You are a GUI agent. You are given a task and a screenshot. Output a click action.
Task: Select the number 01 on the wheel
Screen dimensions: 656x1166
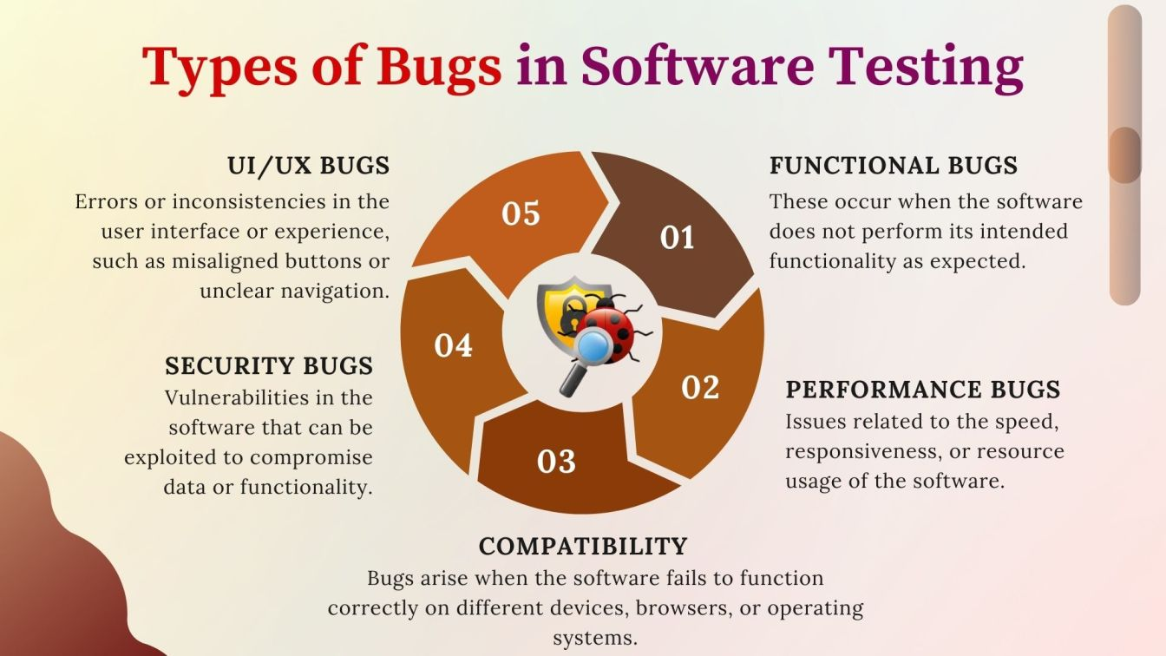(678, 237)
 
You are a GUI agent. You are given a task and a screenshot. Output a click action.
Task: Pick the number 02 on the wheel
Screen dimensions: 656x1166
(700, 387)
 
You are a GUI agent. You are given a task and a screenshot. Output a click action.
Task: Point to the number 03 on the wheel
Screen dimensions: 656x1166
(556, 462)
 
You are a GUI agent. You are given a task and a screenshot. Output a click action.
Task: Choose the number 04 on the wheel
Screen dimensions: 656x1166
(454, 346)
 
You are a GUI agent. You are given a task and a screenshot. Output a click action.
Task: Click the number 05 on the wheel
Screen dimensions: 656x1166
(521, 213)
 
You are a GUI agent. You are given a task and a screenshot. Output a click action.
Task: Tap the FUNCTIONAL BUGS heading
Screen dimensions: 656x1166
(894, 166)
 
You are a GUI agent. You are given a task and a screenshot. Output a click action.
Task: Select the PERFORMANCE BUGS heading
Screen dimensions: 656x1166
(923, 389)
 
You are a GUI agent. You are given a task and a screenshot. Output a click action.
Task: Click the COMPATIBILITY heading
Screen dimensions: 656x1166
(583, 546)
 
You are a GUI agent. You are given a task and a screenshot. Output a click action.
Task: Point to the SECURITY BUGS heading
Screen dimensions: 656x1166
(269, 365)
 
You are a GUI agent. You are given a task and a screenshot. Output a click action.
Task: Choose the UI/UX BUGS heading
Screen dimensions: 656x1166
(308, 166)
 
